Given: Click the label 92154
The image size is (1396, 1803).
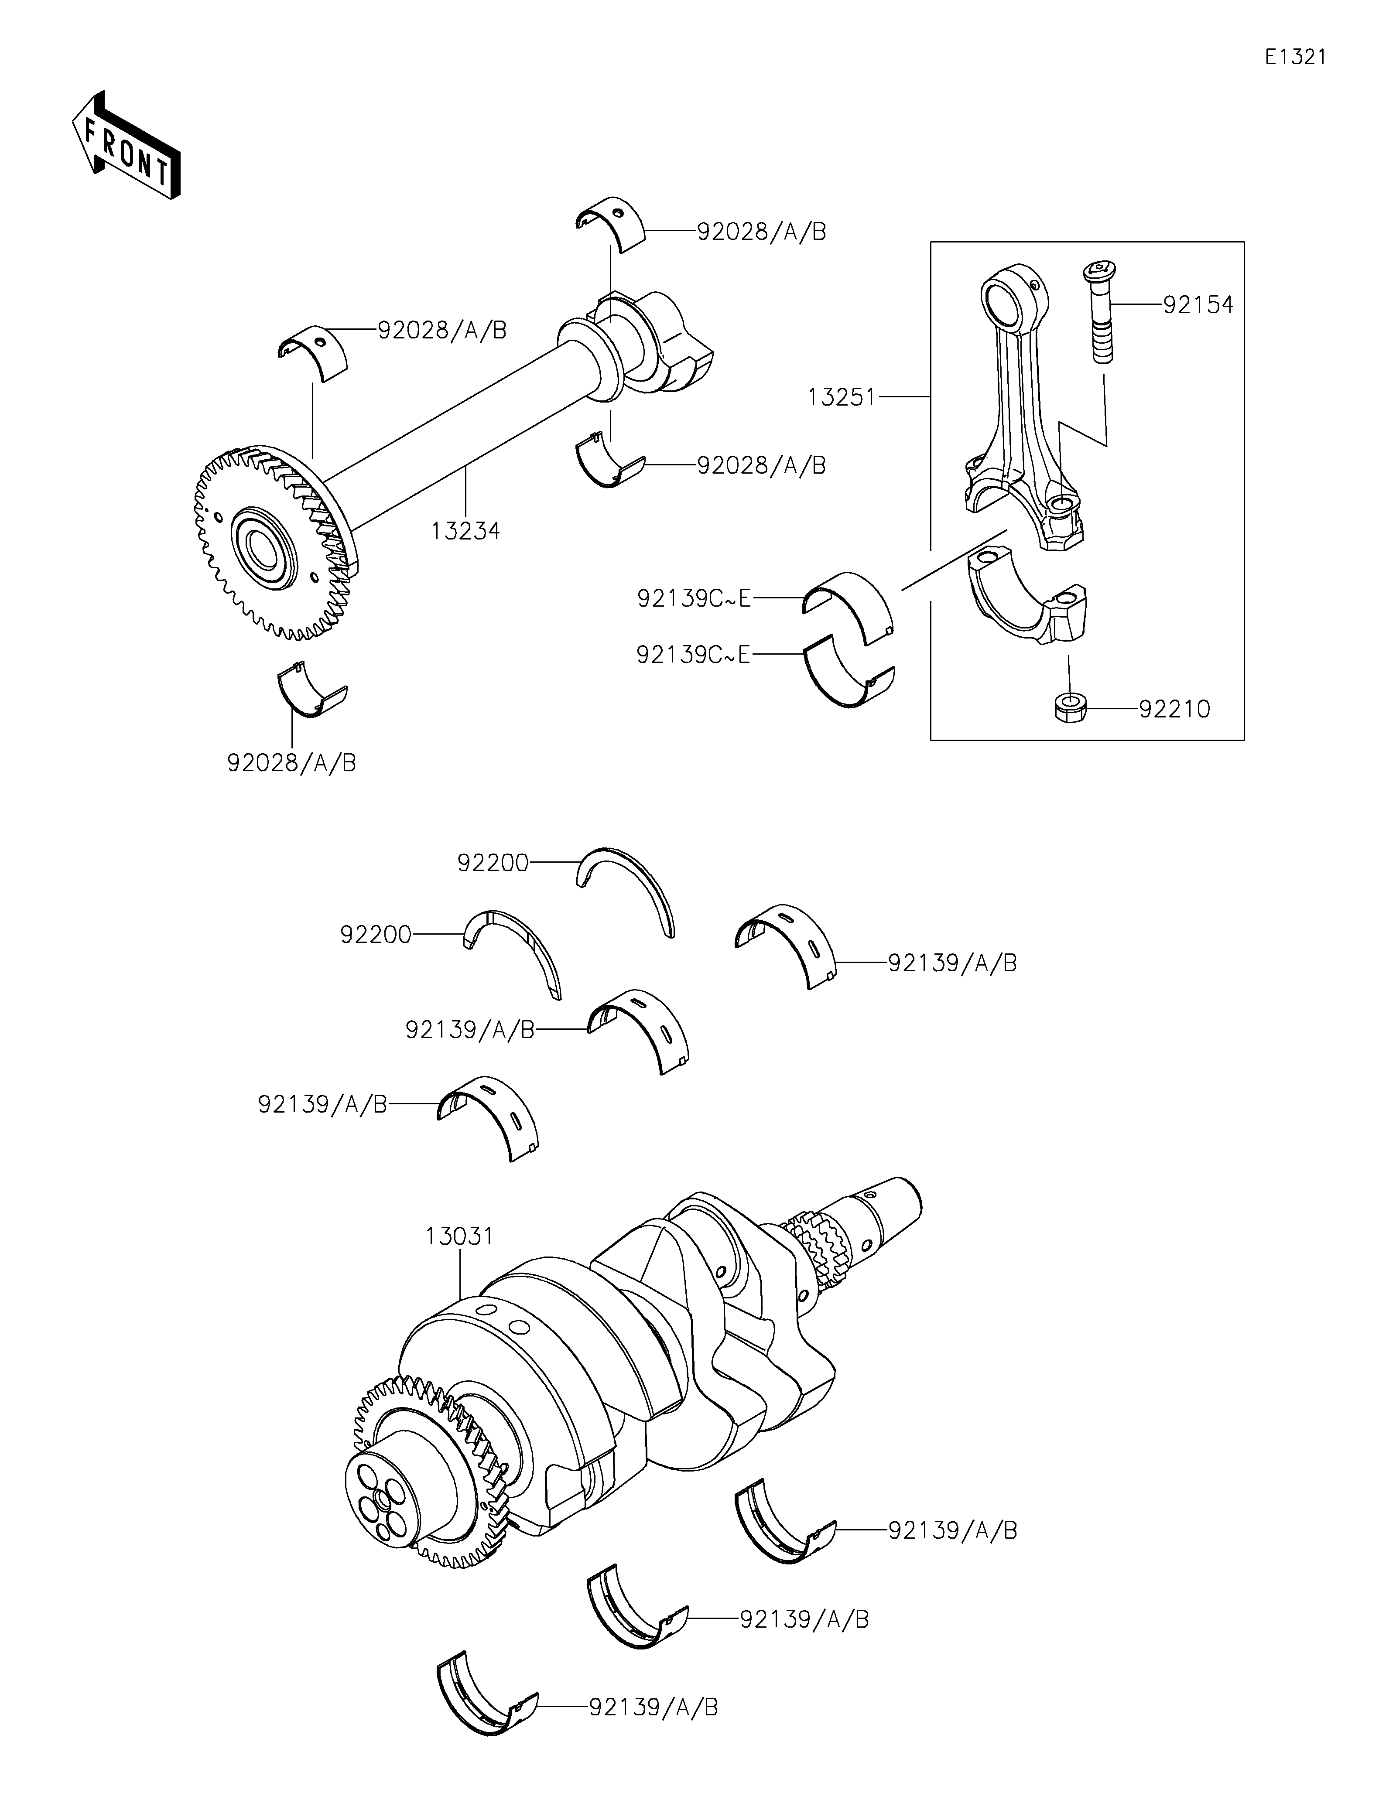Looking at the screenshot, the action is pos(1198,304).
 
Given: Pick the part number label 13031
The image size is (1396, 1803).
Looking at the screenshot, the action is pos(460,1259).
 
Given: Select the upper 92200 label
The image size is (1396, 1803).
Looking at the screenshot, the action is pos(493,863).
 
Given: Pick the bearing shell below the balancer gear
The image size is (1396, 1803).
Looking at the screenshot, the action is pos(311,690).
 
